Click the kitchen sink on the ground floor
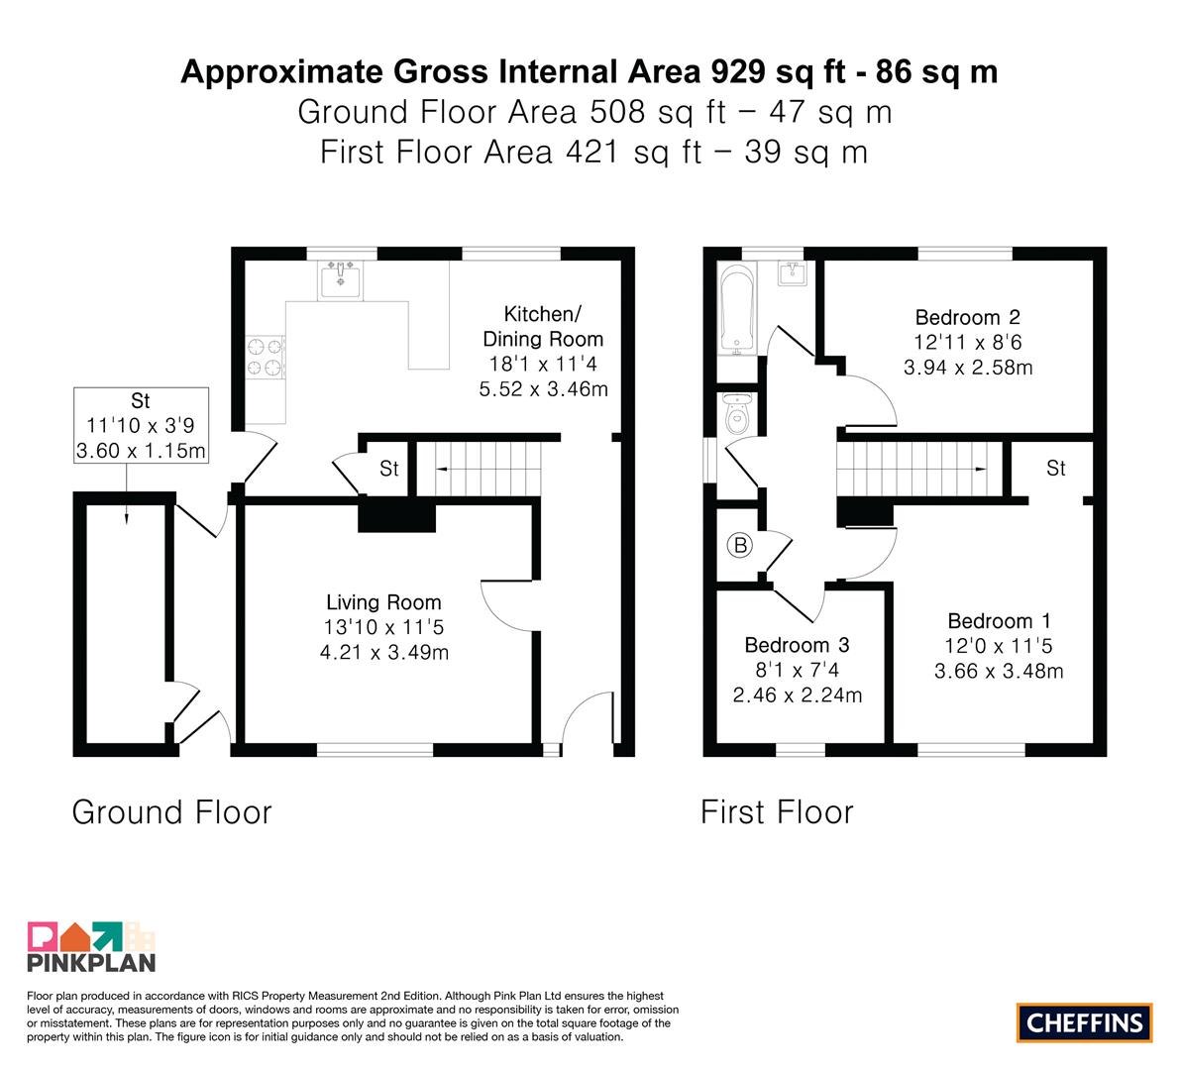[340, 280]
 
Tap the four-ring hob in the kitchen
[266, 357]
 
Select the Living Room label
[383, 602]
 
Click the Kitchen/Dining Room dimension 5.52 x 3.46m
[543, 389]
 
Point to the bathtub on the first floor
[737, 309]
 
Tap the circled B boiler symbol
[740, 545]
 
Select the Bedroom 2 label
[968, 317]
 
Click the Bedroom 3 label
[797, 645]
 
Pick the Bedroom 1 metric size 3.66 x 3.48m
[999, 671]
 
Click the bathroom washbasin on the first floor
[792, 273]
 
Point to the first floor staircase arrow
[913, 469]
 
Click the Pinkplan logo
[91, 946]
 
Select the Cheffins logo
[1085, 1022]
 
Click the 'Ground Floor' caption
[171, 812]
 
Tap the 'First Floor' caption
[778, 812]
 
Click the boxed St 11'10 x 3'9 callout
[141, 425]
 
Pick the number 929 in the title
[738, 72]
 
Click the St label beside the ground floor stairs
[389, 469]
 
